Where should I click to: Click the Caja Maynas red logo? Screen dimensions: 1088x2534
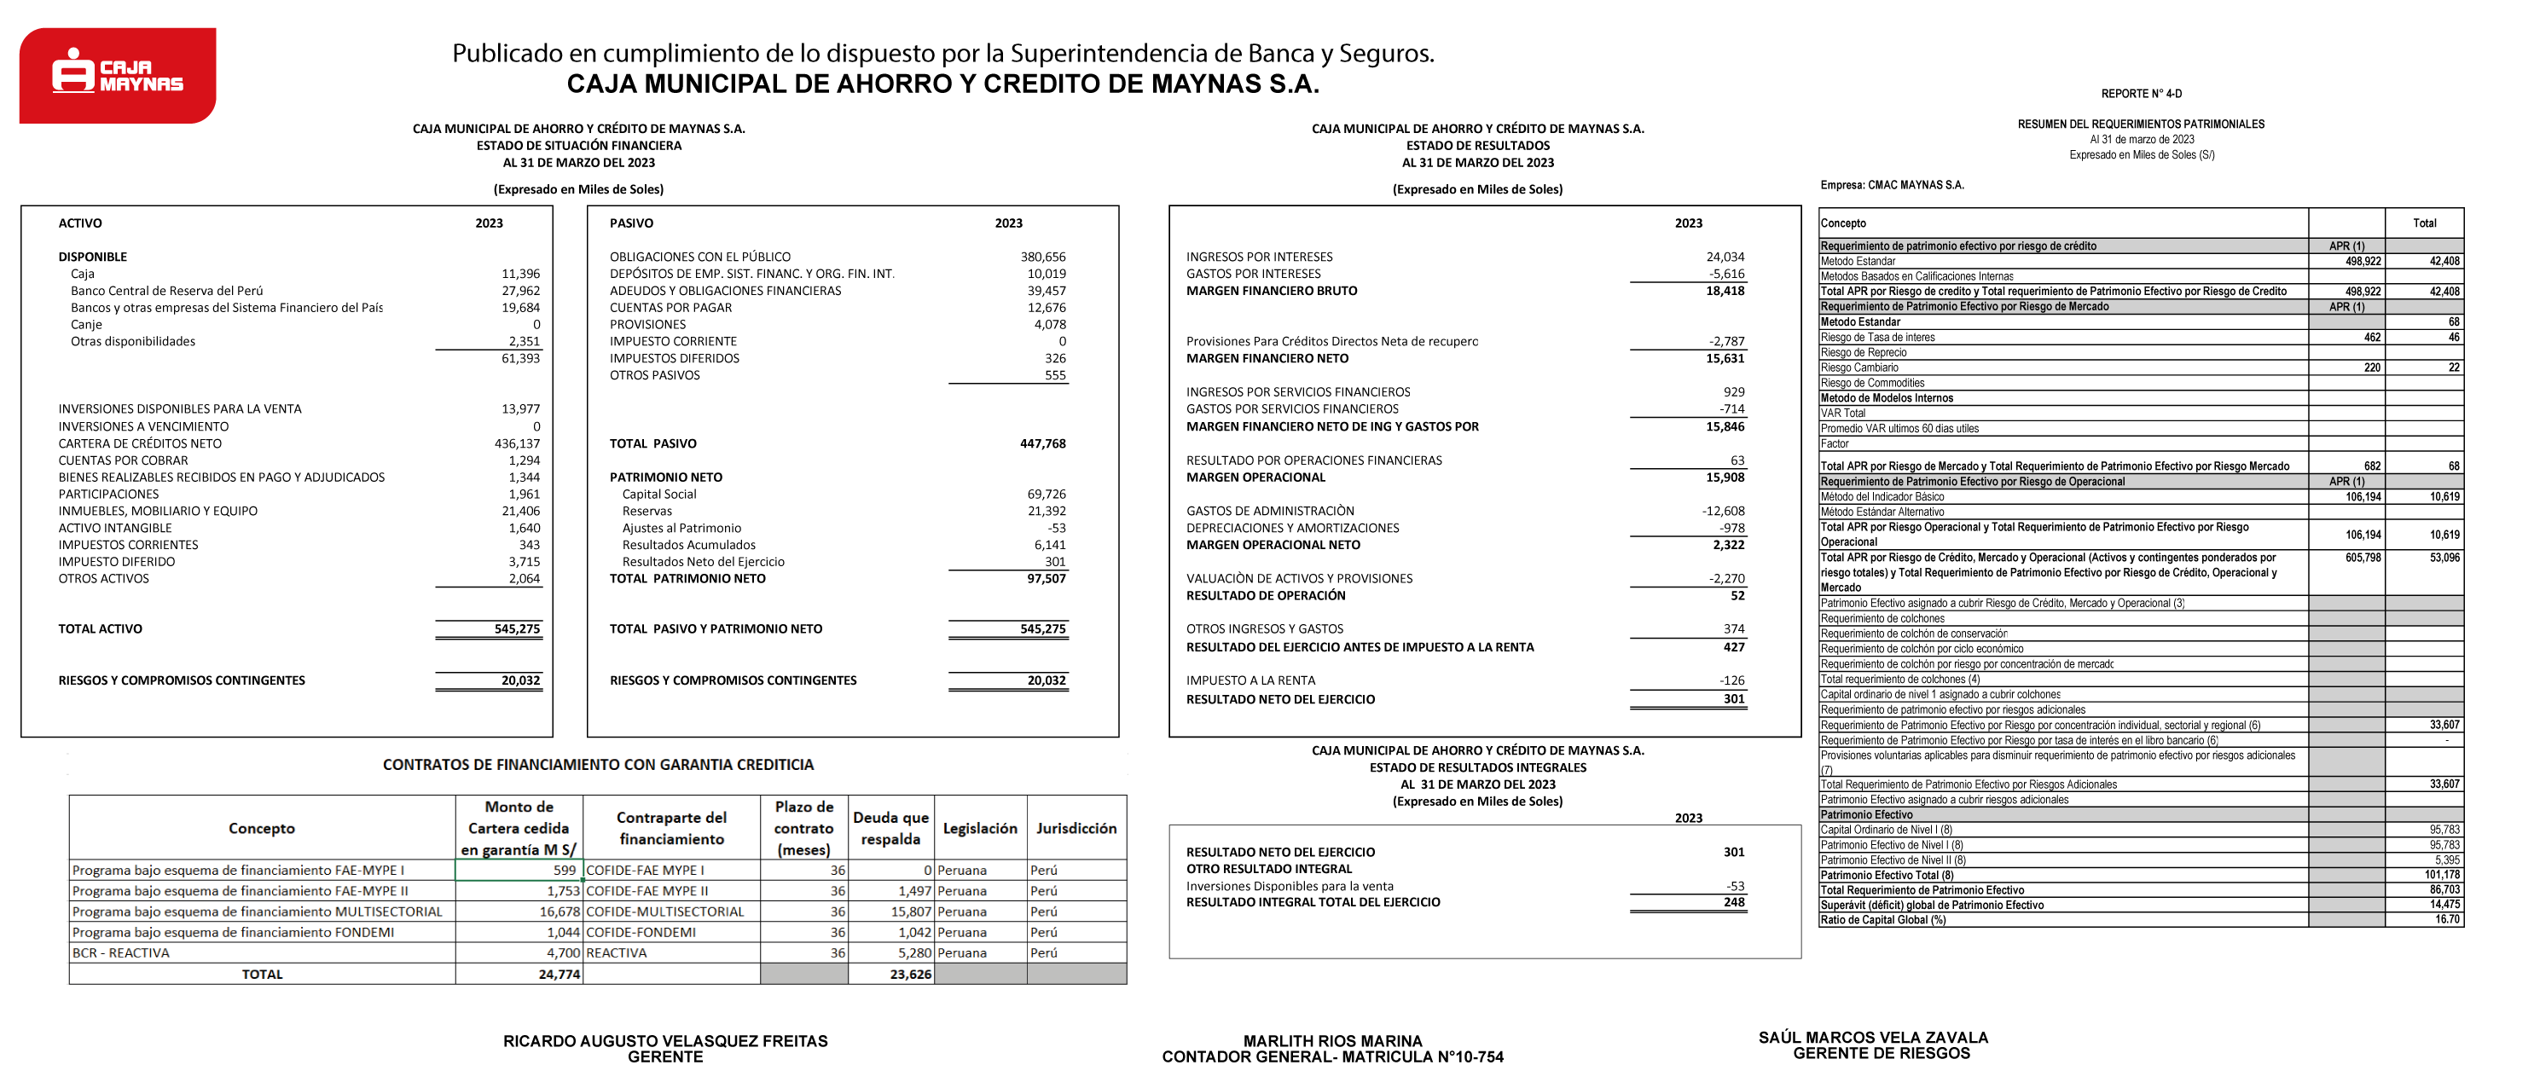coord(117,75)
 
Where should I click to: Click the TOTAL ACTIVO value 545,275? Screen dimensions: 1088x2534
coord(517,629)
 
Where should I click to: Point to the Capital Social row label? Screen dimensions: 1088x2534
coord(658,495)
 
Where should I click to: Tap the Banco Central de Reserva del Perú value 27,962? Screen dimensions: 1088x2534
coord(520,291)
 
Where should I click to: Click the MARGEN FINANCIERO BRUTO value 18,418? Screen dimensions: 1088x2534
coord(1725,291)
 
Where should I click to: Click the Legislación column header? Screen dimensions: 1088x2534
coord(980,828)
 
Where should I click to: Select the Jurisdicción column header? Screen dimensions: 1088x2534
coord(1076,828)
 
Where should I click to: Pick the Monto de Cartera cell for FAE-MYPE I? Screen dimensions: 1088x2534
coord(519,871)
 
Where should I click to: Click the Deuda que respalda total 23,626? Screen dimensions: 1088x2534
coord(910,975)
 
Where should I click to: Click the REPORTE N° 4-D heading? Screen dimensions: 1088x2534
coord(2141,95)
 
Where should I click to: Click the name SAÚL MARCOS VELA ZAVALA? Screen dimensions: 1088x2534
coord(1873,1038)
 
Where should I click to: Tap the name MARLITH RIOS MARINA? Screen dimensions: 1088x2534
coord(1332,1041)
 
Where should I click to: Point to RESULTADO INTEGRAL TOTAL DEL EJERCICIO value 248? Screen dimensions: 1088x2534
coord(1733,902)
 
